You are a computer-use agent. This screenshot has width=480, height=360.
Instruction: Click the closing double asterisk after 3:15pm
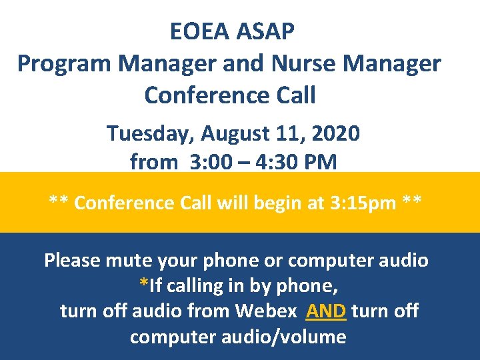point(412,201)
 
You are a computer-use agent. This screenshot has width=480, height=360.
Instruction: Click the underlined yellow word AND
point(326,311)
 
